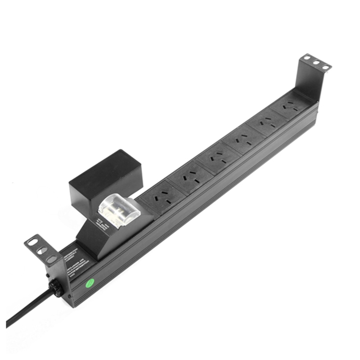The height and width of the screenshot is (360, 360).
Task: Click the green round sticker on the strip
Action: (x=90, y=283)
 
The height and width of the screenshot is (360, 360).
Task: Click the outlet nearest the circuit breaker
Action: (x=160, y=198)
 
